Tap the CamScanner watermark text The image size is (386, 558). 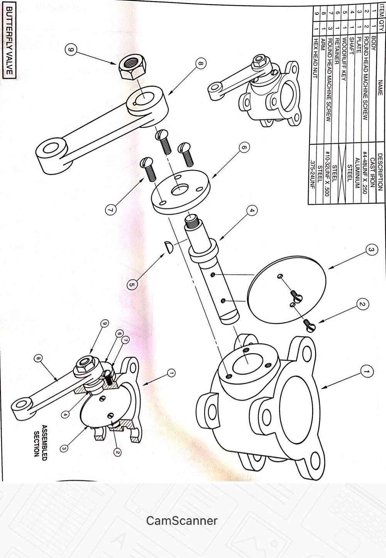(182, 521)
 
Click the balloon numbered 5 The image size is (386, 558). (132, 285)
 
